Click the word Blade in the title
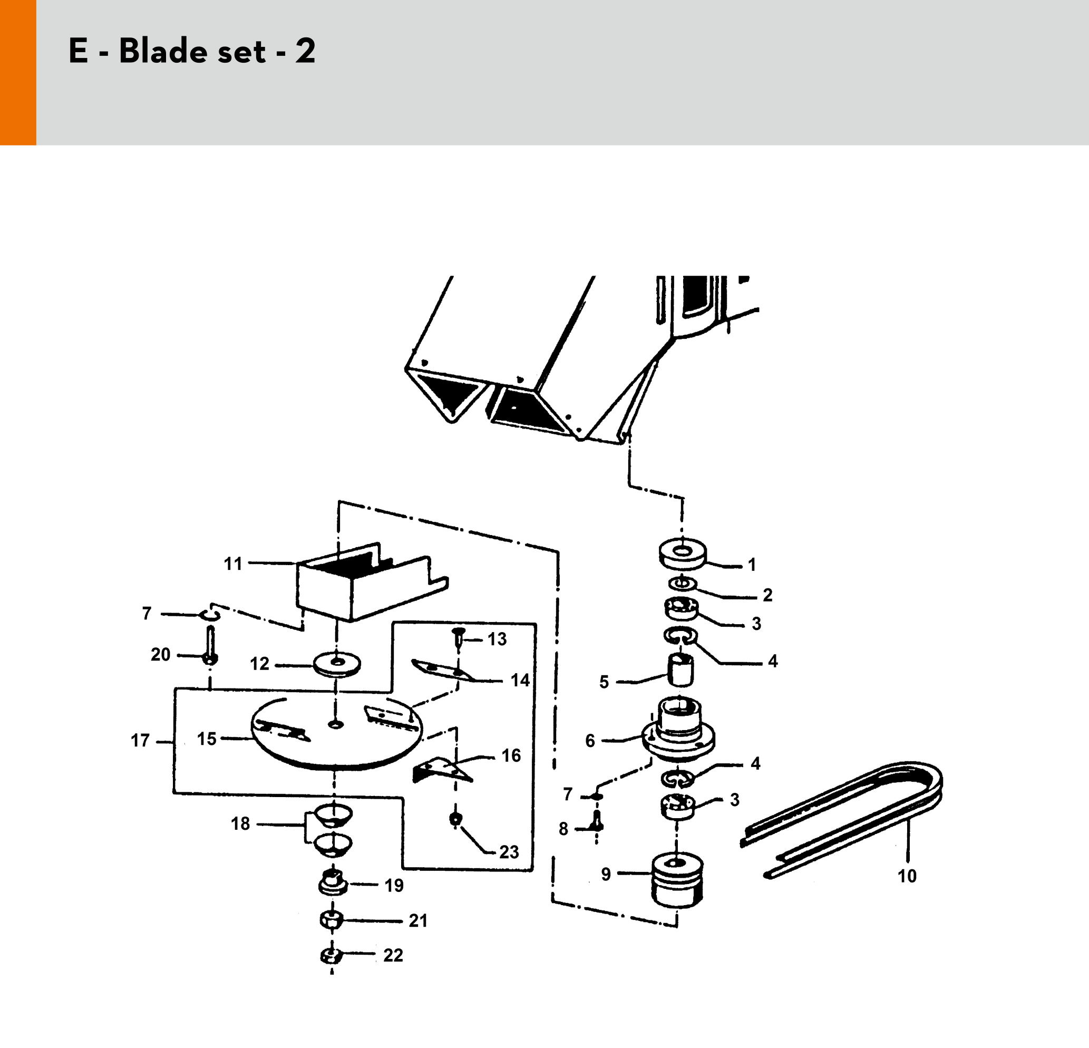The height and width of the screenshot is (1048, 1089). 192,51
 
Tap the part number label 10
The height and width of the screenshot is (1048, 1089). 907,876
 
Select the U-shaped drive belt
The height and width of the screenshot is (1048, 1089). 841,819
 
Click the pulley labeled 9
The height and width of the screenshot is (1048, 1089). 677,881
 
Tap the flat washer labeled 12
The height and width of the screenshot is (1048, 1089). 337,664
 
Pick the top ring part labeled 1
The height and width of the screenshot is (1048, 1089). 682,554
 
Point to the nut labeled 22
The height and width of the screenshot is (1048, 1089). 331,956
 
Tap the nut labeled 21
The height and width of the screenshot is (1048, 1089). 332,920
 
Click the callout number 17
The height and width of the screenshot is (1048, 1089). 140,741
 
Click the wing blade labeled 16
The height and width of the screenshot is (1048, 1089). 443,770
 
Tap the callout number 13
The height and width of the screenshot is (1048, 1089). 497,639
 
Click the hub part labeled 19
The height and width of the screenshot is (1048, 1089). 333,882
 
